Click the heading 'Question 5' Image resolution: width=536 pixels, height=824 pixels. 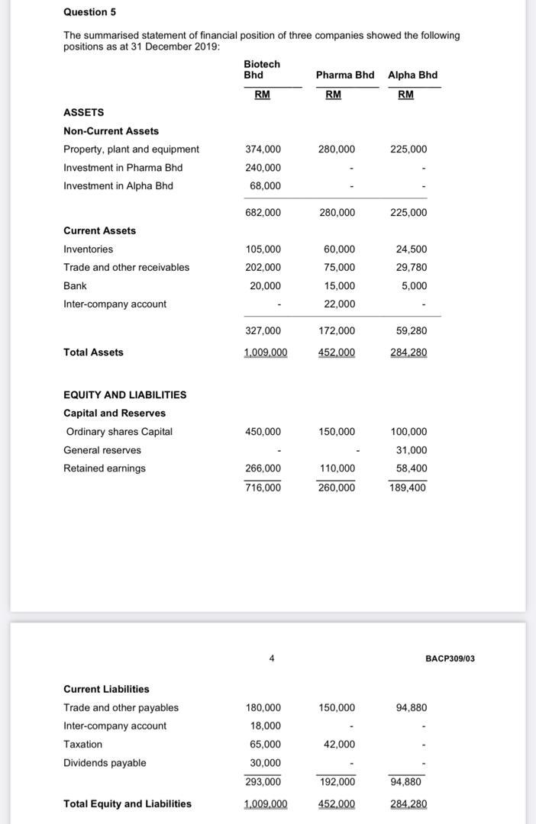89,12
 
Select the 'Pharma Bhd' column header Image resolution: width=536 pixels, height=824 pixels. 344,75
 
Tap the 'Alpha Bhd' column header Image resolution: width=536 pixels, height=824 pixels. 412,75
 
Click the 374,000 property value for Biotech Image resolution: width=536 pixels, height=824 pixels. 263,150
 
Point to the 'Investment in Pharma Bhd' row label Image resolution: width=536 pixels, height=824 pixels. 123,168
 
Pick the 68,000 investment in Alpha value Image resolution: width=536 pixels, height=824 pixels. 265,186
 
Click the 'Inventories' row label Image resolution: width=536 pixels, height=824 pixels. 88,249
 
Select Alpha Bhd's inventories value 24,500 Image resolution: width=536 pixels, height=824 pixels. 412,249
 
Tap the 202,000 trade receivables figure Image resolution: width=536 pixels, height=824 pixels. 263,268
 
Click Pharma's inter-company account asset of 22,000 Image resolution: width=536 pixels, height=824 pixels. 339,304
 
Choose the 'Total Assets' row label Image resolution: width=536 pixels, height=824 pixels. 93,352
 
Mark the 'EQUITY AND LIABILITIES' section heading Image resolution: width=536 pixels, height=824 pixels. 124,395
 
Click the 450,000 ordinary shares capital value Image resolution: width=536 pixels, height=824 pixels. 263,432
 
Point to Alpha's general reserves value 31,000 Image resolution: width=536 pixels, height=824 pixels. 412,450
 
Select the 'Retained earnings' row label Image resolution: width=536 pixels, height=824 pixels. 104,468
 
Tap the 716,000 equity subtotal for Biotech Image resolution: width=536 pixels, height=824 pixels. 263,488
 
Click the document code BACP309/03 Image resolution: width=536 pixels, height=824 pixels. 450,658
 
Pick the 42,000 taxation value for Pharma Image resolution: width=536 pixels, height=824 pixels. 339,745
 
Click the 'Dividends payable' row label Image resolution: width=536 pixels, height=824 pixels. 105,763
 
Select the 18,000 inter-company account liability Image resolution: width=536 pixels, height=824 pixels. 265,726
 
